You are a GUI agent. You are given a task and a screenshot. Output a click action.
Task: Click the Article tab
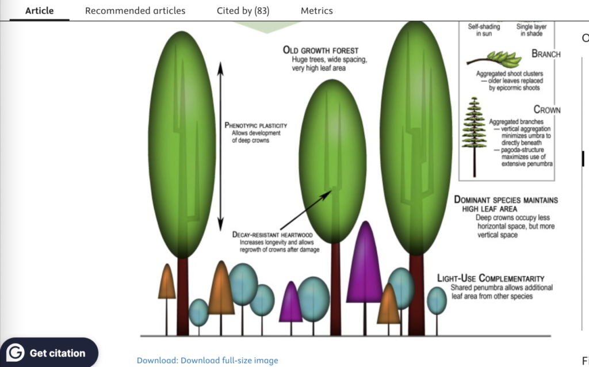[x=40, y=10]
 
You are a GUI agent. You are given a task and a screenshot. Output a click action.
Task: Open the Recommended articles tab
[x=135, y=10]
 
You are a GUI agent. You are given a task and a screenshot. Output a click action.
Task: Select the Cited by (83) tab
[x=243, y=11]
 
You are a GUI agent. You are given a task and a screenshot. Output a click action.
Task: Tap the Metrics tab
[x=317, y=10]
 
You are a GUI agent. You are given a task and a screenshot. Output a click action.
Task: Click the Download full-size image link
[x=207, y=360]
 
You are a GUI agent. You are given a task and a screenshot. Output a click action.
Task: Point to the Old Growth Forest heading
[x=321, y=51]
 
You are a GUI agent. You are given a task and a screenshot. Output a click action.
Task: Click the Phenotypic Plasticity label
[x=256, y=125]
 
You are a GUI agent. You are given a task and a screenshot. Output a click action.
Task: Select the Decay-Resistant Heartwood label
[x=272, y=235]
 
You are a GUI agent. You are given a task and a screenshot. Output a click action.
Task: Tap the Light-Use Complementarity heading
[x=491, y=278]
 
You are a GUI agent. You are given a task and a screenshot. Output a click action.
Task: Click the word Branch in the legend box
[x=546, y=54]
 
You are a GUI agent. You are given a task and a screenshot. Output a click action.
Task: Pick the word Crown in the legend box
[x=547, y=110]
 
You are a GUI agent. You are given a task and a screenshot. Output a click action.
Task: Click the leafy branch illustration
[x=494, y=59]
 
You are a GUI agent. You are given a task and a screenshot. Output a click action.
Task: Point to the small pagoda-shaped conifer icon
[x=475, y=137]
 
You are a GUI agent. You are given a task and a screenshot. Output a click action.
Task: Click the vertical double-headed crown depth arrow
[x=220, y=147]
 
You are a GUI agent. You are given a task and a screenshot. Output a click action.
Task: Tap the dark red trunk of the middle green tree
[x=336, y=289]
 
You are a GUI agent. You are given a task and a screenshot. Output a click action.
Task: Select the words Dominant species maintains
[x=506, y=200]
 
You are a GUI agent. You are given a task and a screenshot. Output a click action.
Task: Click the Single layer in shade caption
[x=531, y=30]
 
